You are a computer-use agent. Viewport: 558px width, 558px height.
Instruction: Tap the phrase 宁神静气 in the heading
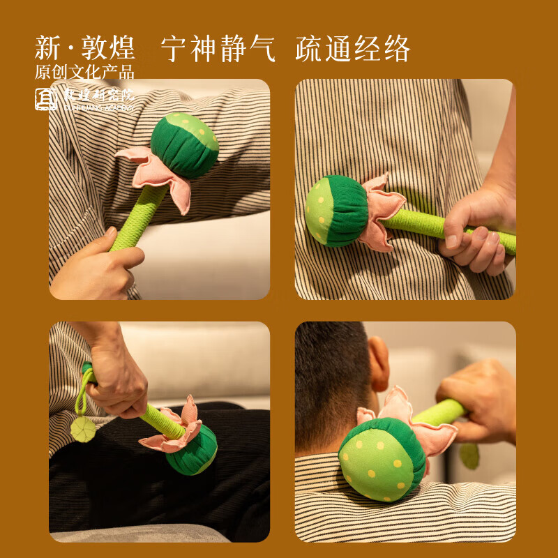click(218, 49)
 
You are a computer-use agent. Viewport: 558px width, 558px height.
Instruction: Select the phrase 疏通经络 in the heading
click(352, 49)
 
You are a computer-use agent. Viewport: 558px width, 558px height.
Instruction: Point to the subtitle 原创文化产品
click(84, 72)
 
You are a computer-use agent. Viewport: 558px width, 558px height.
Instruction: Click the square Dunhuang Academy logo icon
click(47, 99)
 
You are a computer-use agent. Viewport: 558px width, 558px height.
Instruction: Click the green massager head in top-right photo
click(336, 211)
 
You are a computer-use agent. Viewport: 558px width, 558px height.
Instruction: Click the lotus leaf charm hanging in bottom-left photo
click(83, 429)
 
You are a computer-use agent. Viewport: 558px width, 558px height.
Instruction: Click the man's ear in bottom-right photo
click(379, 363)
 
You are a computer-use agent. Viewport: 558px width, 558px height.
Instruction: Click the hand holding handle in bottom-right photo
click(481, 398)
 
